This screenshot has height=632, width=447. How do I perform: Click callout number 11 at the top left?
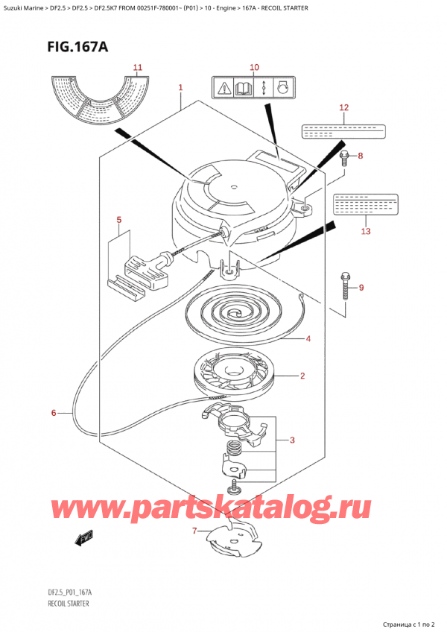coord(137,68)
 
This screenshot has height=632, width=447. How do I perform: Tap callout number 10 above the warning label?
coord(253,68)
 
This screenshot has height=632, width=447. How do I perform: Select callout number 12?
coord(343,108)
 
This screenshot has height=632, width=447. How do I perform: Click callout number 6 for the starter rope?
coord(53,412)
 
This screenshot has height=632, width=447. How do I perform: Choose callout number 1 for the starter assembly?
coord(180,89)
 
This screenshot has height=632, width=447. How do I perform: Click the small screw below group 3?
coord(235,487)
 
